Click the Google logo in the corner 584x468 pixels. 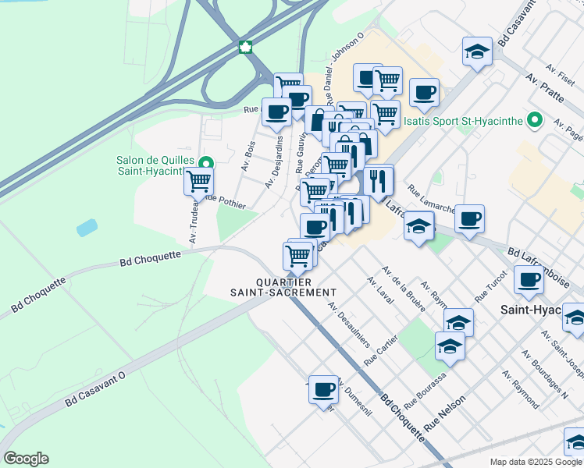(x=26, y=459)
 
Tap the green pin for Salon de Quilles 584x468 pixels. (x=205, y=164)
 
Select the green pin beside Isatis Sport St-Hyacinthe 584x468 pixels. (x=535, y=121)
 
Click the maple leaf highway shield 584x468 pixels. (x=244, y=47)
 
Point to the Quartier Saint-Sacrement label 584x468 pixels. (x=272, y=287)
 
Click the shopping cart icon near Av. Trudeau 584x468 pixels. (x=198, y=182)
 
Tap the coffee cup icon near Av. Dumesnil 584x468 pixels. (x=323, y=389)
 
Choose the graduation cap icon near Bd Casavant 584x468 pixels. (x=476, y=52)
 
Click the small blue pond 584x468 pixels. (x=87, y=228)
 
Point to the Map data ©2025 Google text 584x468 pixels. (x=536, y=462)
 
